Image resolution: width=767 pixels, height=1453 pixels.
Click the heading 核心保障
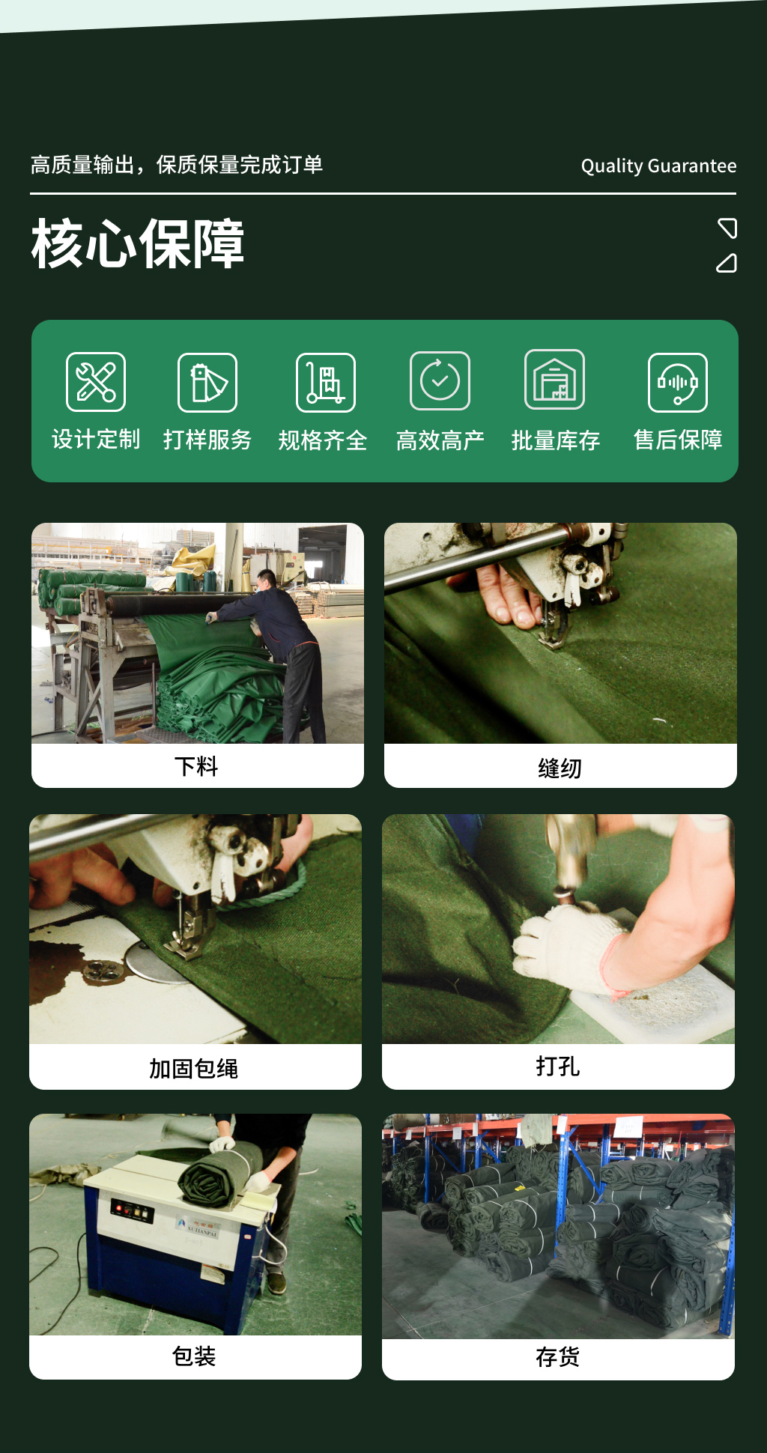138,243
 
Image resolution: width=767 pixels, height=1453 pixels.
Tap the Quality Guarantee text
658,166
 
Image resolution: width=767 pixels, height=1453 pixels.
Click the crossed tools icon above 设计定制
96,382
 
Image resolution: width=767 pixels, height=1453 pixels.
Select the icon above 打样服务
207,383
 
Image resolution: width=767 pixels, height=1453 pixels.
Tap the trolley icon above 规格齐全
326,383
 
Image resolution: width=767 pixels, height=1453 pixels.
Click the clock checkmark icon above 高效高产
440,380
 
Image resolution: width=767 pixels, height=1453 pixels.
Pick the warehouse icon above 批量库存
554,380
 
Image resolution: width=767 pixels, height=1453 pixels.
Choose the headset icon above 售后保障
678,383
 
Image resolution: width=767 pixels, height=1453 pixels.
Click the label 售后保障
678,440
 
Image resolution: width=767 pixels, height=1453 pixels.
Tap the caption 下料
196,766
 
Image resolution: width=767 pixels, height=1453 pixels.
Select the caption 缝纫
560,768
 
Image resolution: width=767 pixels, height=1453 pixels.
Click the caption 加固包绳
194,1069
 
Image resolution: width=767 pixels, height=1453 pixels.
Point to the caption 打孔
558,1066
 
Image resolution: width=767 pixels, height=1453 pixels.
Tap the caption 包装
194,1356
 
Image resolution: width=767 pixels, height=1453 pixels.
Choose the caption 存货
558,1357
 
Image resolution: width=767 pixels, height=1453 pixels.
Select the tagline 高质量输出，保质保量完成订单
177,165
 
